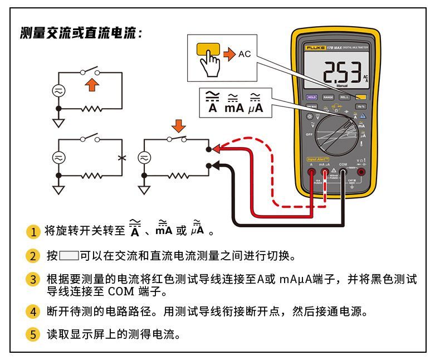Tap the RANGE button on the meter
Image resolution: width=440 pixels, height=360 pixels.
click(328, 97)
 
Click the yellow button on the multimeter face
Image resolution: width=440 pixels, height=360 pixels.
click(360, 97)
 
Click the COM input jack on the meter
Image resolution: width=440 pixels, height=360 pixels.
click(343, 173)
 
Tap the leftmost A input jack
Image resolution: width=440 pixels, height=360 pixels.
click(311, 173)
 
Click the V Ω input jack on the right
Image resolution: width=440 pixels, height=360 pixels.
click(361, 173)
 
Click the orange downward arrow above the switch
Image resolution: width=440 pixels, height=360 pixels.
click(178, 123)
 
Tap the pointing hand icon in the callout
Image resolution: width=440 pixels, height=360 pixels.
click(211, 63)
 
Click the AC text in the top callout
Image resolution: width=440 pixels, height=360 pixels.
click(245, 54)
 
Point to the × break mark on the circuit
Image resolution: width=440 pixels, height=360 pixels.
click(121, 158)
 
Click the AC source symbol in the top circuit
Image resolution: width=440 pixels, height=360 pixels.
click(58, 90)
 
